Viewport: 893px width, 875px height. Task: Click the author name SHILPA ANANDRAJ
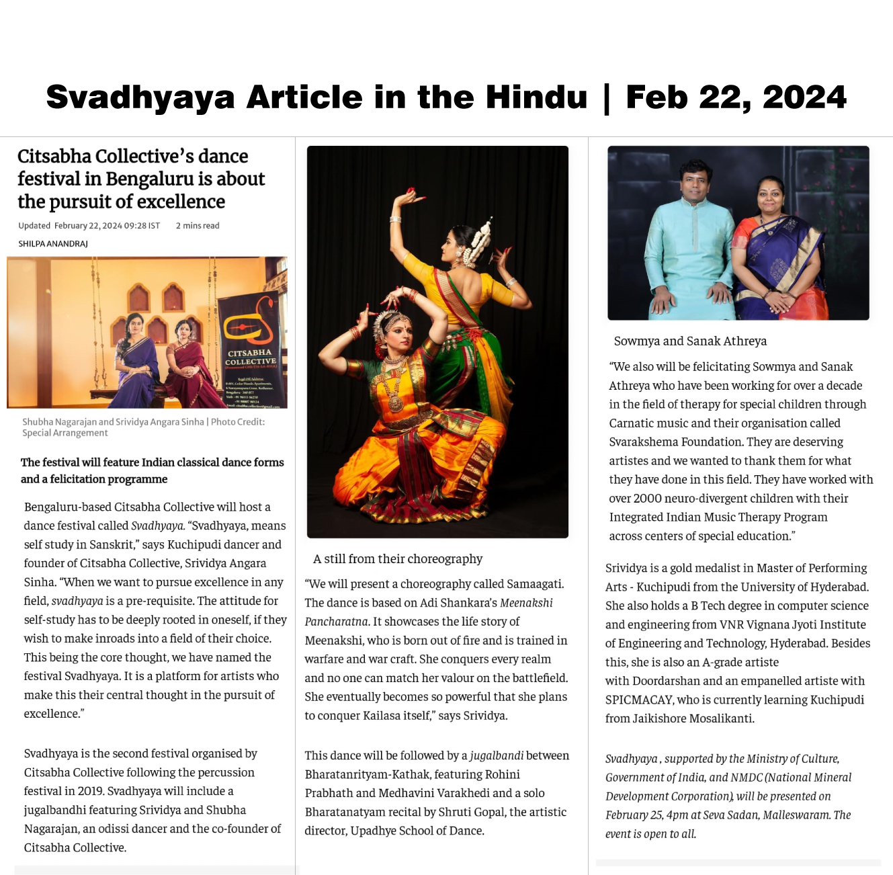tap(53, 244)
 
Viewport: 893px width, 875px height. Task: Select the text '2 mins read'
tap(198, 226)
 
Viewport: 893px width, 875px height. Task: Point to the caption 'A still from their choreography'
tap(398, 559)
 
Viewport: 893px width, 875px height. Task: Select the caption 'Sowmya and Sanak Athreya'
tap(690, 341)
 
